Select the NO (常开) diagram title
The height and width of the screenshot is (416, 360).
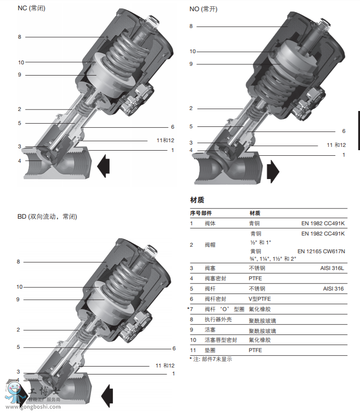click(x=203, y=9)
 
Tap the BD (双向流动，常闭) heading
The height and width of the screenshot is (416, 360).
click(x=47, y=216)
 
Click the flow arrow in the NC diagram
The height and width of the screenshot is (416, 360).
click(x=104, y=165)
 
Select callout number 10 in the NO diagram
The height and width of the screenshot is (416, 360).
click(x=193, y=51)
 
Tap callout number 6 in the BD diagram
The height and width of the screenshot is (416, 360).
click(x=173, y=348)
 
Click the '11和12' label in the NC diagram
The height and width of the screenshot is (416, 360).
click(x=165, y=140)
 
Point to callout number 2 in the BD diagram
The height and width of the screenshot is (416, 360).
click(x=19, y=330)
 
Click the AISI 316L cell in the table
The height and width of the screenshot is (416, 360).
click(x=332, y=268)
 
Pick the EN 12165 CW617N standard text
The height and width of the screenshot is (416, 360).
click(x=321, y=251)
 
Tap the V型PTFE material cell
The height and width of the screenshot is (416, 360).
click(x=259, y=299)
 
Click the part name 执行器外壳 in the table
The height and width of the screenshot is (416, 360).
click(x=218, y=320)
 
